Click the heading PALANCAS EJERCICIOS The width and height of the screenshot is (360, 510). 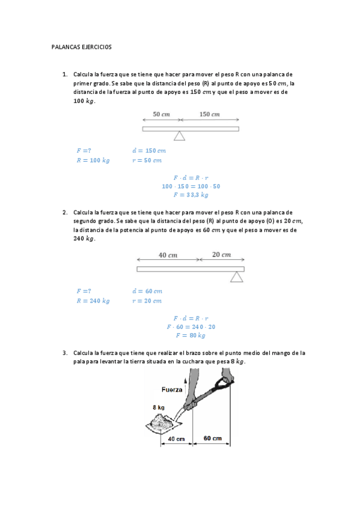point(82,46)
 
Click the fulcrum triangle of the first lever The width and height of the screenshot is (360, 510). point(179,137)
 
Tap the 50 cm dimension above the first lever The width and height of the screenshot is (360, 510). point(160,114)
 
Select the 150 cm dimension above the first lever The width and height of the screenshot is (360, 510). point(209,114)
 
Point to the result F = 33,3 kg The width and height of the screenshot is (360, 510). point(191,194)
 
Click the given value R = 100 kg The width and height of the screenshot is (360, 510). point(93,161)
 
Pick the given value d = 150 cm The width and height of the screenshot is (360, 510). point(148,151)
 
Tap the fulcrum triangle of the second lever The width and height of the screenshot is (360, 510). point(237,276)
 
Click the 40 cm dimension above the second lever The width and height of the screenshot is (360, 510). point(168,255)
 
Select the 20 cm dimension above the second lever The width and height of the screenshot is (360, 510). point(222,254)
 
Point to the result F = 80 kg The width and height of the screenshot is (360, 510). point(191,336)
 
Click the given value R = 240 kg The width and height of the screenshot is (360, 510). point(93,301)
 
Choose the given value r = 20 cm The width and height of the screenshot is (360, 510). point(147,301)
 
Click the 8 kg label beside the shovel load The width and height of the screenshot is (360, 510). point(158,407)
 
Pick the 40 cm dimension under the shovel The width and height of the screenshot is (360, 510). point(175,438)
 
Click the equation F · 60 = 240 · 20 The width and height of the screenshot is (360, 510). point(191,327)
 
